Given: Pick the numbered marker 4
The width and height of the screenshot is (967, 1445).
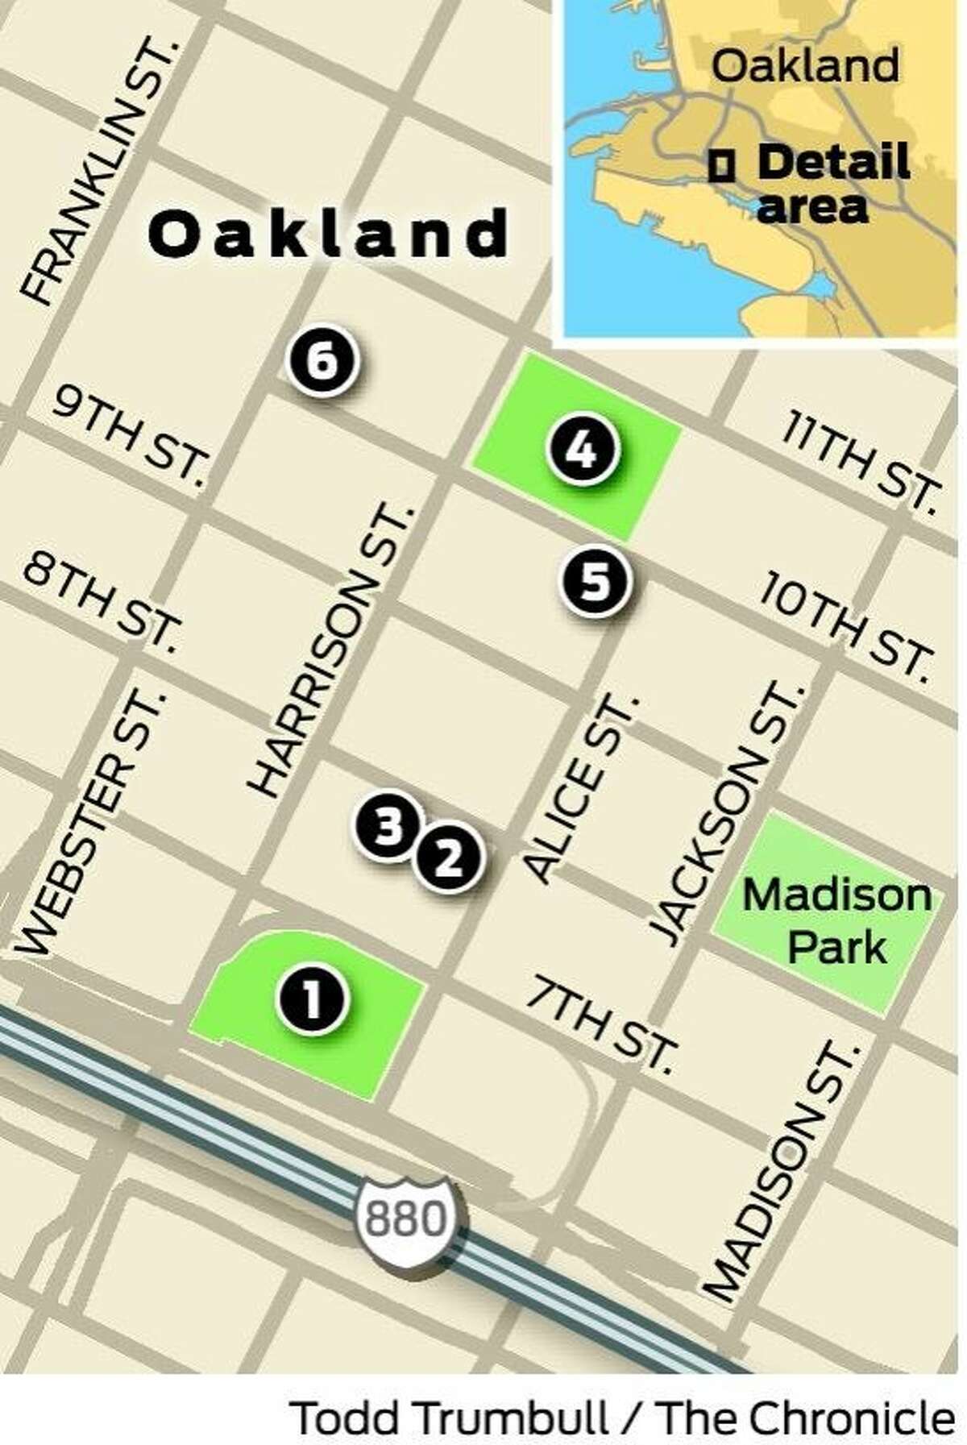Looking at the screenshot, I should coord(583,451).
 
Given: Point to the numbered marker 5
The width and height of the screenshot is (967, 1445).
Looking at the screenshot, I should coord(596,582).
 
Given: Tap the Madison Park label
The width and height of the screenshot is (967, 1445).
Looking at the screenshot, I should coord(836,921).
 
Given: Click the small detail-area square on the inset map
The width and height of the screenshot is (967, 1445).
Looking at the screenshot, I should coord(721,166).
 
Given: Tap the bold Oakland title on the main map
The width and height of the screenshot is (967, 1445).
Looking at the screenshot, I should coord(329,234).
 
